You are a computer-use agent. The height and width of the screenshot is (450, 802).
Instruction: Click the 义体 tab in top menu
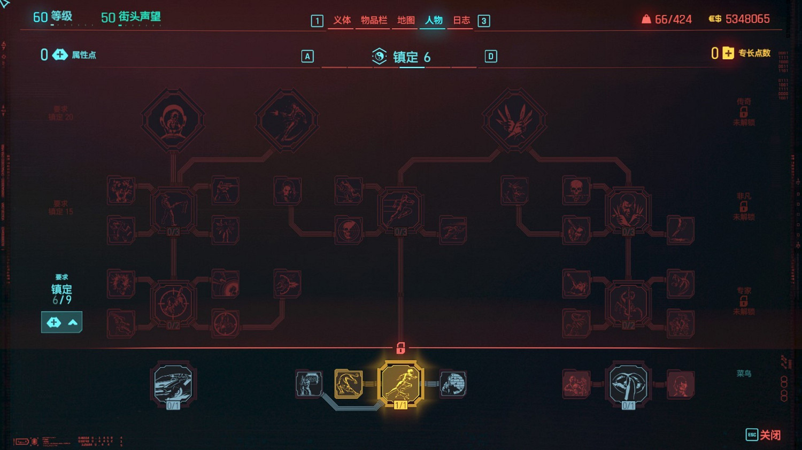[x=342, y=20]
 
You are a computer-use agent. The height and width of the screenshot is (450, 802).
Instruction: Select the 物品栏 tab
[x=374, y=20]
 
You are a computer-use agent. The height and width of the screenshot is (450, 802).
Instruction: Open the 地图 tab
[x=406, y=20]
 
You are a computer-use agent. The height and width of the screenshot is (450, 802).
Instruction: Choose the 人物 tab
[x=434, y=20]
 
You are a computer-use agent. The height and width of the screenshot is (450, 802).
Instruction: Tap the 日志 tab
[x=461, y=20]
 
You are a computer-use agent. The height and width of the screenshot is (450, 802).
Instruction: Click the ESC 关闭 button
[x=763, y=435]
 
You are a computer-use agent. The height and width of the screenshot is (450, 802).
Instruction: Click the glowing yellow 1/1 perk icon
[x=400, y=383]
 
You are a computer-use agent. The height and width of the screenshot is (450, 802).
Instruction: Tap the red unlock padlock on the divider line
[x=400, y=348]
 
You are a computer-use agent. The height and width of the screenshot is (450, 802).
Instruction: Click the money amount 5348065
[x=747, y=19]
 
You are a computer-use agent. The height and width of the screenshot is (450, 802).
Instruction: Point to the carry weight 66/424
[x=673, y=20]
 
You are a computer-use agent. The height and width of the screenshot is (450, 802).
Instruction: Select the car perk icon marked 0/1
[x=173, y=384]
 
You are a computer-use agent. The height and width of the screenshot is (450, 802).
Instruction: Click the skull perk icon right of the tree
[x=576, y=190]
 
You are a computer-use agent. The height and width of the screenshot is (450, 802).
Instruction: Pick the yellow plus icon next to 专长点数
[x=728, y=53]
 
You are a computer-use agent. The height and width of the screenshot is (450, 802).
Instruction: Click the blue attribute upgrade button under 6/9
[x=61, y=322]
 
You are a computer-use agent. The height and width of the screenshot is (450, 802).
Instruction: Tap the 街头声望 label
[x=139, y=17]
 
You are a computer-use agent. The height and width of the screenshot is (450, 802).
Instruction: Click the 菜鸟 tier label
[x=744, y=374]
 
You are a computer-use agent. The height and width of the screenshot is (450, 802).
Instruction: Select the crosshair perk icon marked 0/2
[x=173, y=303]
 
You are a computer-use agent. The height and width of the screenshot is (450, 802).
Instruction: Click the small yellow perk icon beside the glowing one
[x=348, y=384]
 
